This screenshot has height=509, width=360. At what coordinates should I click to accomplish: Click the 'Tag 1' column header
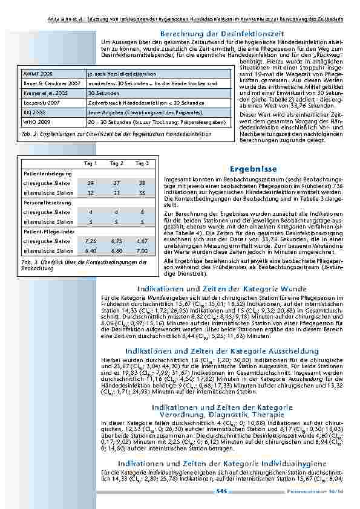(91, 163)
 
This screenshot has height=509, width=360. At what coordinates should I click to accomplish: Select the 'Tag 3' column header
(142, 163)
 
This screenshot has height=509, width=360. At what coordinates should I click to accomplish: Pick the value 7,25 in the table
(91, 241)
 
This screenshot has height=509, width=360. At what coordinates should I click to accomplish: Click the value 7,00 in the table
(142, 251)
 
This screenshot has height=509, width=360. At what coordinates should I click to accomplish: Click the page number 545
(221, 491)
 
